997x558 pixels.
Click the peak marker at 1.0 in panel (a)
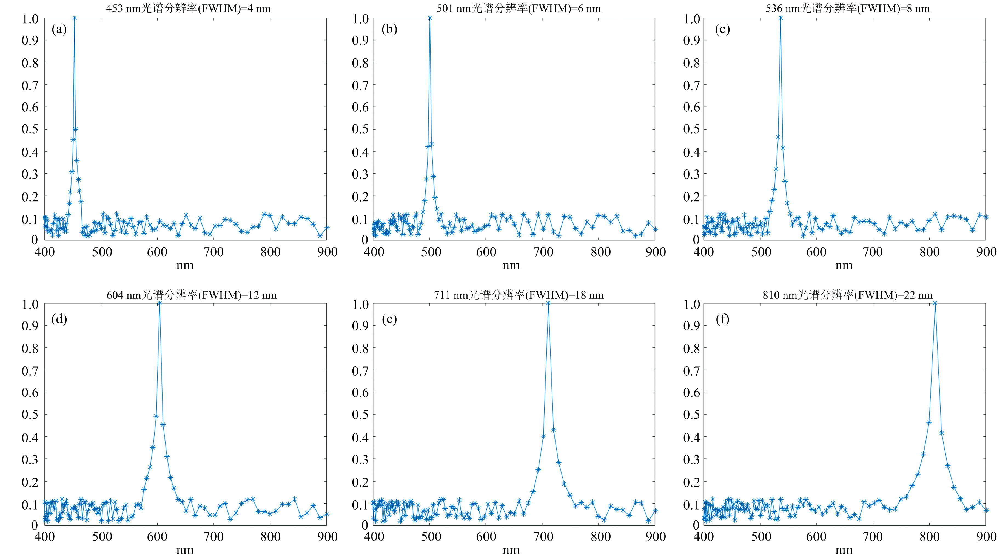(74, 18)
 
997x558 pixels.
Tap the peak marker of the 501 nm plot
(430, 18)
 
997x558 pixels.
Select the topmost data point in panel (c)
(781, 18)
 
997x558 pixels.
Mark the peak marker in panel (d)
(159, 304)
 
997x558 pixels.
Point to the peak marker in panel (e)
(548, 304)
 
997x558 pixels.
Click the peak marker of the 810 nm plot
(935, 304)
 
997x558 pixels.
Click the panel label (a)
(59, 29)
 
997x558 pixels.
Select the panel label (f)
(722, 320)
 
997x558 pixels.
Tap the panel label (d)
(59, 320)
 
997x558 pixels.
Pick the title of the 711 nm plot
(519, 295)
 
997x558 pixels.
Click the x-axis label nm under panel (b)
(511, 266)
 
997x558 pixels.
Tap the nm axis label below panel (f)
(844, 550)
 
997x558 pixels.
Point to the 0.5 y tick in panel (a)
(30, 129)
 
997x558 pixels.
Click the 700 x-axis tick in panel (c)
(873, 252)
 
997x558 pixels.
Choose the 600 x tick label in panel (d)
(157, 537)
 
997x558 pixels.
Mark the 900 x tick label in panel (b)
(656, 252)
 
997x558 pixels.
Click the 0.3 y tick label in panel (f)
(692, 459)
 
